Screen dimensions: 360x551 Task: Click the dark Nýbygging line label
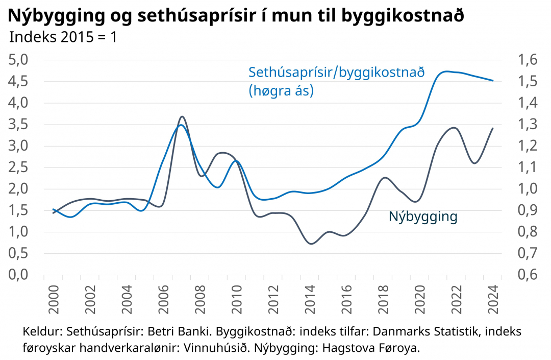(423, 217)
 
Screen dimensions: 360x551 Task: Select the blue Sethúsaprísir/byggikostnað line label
(337, 73)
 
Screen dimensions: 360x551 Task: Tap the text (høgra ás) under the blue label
(281, 91)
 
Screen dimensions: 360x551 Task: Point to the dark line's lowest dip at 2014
(311, 244)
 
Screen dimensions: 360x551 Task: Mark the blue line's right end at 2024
(492, 81)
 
